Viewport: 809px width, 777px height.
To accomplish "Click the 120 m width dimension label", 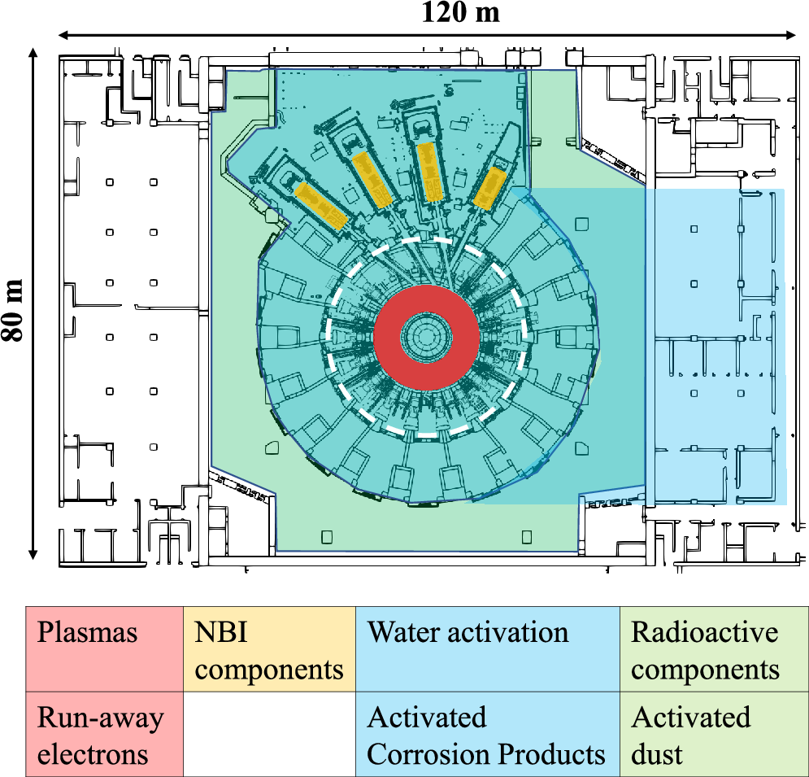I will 461,13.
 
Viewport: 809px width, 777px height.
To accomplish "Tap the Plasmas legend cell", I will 104,648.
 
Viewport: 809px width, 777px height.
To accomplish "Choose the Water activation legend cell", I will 487,648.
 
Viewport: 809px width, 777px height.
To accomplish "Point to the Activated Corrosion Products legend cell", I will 487,734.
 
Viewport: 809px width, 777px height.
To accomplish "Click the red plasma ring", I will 390,334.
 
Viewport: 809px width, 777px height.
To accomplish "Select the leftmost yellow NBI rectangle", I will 320,204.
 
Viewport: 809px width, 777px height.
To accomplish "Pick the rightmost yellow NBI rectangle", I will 490,189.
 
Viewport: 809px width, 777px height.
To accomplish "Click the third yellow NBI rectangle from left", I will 428,172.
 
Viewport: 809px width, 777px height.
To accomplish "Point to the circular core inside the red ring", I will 425,334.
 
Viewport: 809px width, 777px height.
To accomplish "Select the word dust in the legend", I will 658,753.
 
